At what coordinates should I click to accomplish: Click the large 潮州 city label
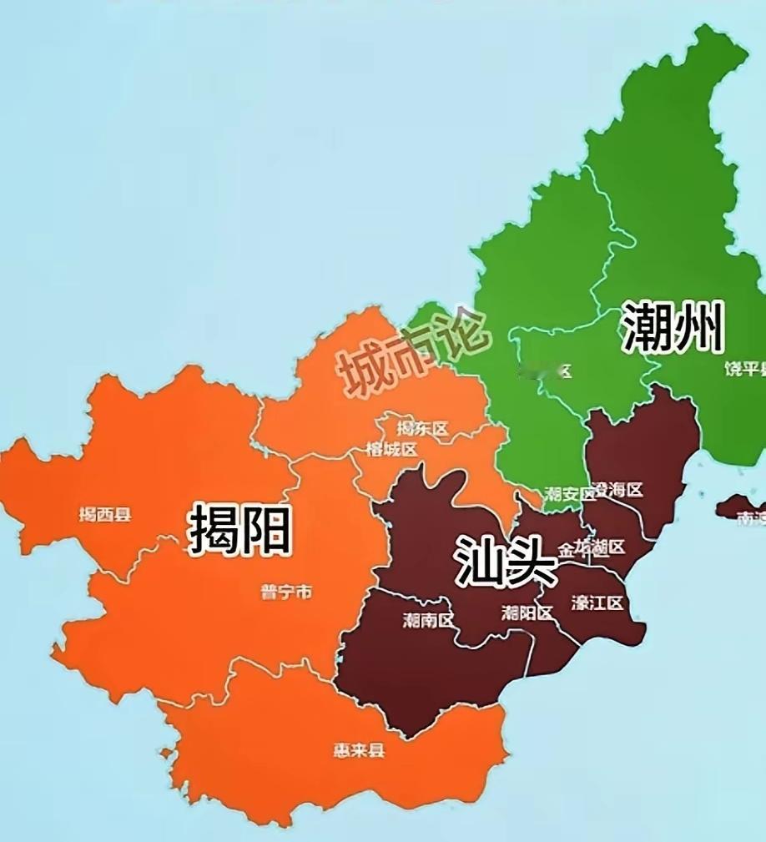pos(672,326)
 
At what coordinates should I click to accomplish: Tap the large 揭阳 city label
pos(240,529)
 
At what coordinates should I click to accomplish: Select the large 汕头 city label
pos(506,560)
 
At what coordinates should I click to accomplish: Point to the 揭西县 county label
pos(105,515)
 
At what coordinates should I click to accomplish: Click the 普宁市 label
pos(286,592)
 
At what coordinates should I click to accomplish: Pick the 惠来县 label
pos(359,749)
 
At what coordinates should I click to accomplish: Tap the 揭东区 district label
pos(422,429)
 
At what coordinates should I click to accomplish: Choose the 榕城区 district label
pos(391,450)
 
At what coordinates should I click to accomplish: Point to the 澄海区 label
pos(618,490)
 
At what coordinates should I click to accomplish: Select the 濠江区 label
pos(597,603)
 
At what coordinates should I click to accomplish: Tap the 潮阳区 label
pos(527,613)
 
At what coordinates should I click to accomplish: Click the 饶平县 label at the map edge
pos(744,370)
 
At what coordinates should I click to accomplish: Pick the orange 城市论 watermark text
pos(411,351)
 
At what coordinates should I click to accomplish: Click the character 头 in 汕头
pos(531,560)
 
